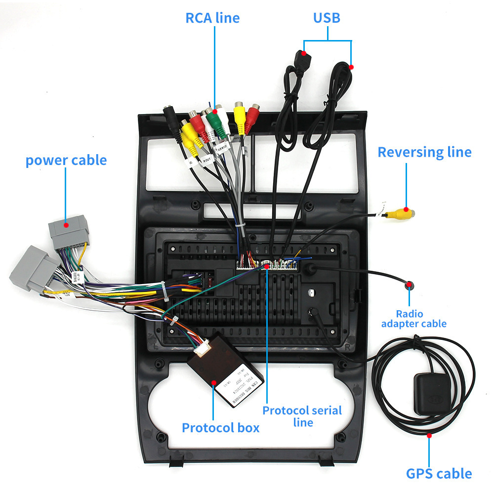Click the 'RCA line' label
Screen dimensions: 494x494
tap(212, 18)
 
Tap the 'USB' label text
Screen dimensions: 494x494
tap(327, 18)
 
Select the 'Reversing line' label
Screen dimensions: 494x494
tap(424, 152)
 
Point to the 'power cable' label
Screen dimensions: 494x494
tap(66, 160)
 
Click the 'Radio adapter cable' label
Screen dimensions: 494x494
tap(413, 319)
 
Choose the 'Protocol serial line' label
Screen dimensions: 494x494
tap(302, 416)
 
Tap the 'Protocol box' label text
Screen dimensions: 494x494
tap(220, 428)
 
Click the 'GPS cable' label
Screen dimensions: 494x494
tap(439, 474)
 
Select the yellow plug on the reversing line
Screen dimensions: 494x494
tap(399, 213)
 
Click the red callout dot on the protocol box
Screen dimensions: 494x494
tap(214, 382)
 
